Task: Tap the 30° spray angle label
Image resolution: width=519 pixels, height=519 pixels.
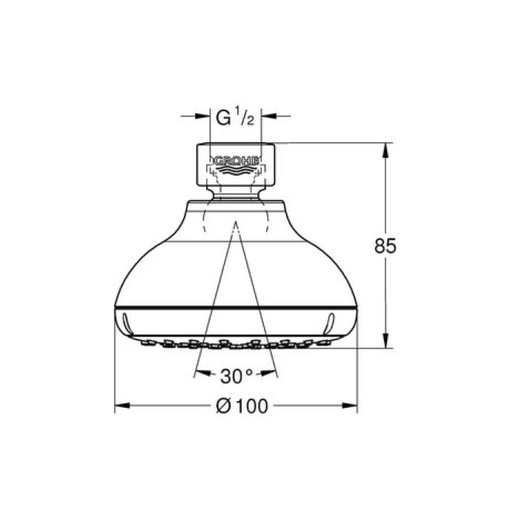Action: pyautogui.click(x=237, y=375)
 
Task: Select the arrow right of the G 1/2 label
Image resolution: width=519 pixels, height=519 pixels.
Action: pyautogui.click(x=269, y=116)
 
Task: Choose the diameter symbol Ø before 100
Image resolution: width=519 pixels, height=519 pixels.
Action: pyautogui.click(x=222, y=406)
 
